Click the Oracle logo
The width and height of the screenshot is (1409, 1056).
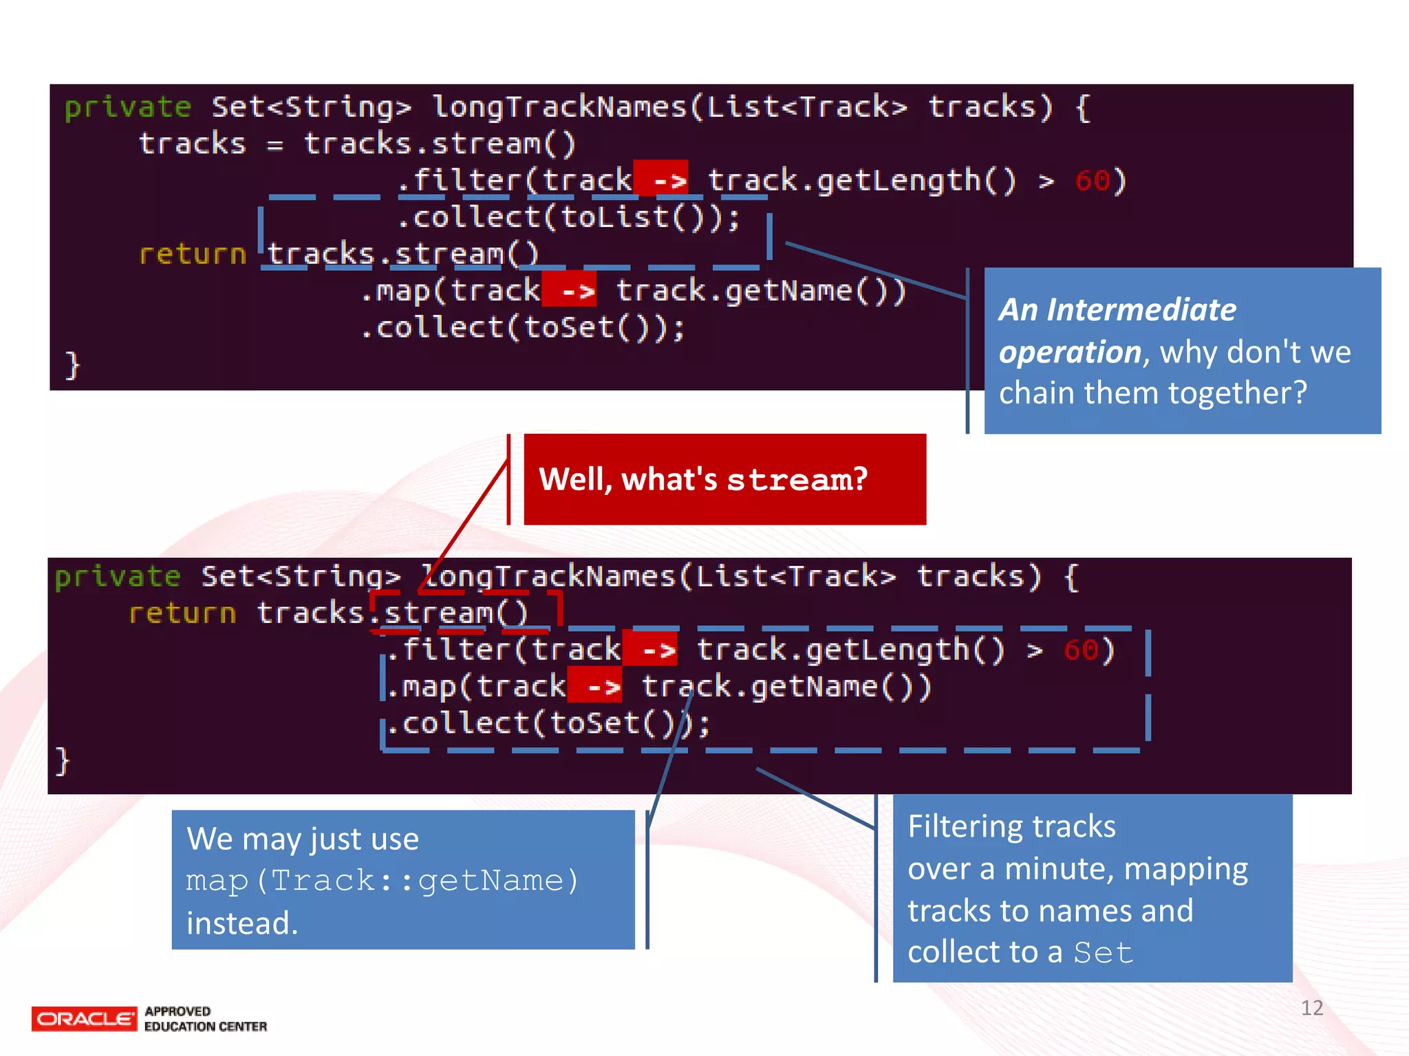(84, 1018)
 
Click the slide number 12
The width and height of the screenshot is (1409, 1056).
(1311, 1008)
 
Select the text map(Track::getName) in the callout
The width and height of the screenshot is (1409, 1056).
(383, 881)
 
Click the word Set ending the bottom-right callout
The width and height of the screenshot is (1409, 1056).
(1103, 953)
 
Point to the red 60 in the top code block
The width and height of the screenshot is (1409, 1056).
(1092, 181)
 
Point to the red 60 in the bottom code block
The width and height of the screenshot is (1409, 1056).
(1082, 650)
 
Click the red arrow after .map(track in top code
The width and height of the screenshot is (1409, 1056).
(570, 291)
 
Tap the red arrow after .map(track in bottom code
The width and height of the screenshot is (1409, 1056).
(596, 687)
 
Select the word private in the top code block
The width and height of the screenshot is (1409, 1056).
(127, 107)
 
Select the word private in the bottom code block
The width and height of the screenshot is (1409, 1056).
(118, 576)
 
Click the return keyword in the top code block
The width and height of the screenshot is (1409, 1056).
(192, 254)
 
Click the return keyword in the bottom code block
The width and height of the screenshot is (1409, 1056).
(182, 613)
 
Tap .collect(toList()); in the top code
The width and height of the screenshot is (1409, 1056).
(568, 218)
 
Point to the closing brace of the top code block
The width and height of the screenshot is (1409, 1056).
(72, 364)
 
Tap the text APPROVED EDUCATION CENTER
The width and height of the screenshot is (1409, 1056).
(205, 1019)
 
